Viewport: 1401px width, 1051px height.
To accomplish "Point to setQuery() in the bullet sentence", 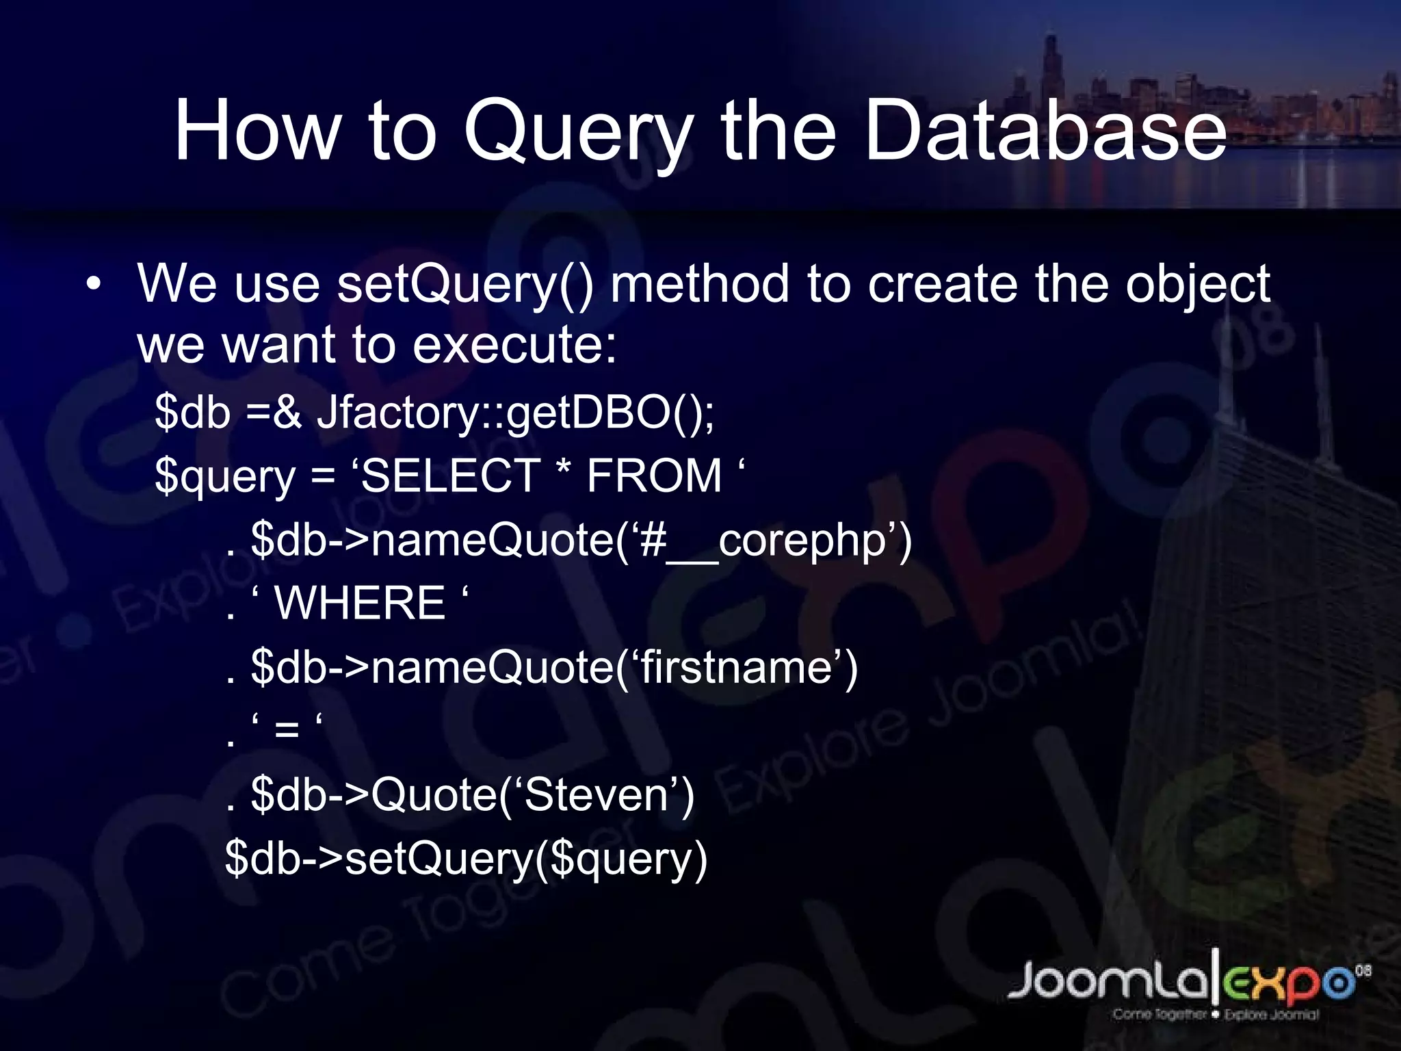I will [465, 285].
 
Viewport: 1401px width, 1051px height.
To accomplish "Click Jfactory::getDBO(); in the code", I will [516, 413].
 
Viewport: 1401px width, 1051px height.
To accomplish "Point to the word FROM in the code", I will [654, 476].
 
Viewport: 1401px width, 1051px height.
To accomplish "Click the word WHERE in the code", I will [360, 604].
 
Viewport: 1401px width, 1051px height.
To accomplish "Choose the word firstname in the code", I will [736, 668].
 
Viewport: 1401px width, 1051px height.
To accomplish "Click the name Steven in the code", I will [596, 795].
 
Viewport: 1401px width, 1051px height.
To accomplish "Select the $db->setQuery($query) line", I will [466, 859].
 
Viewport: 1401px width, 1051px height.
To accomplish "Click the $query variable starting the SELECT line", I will [225, 478].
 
